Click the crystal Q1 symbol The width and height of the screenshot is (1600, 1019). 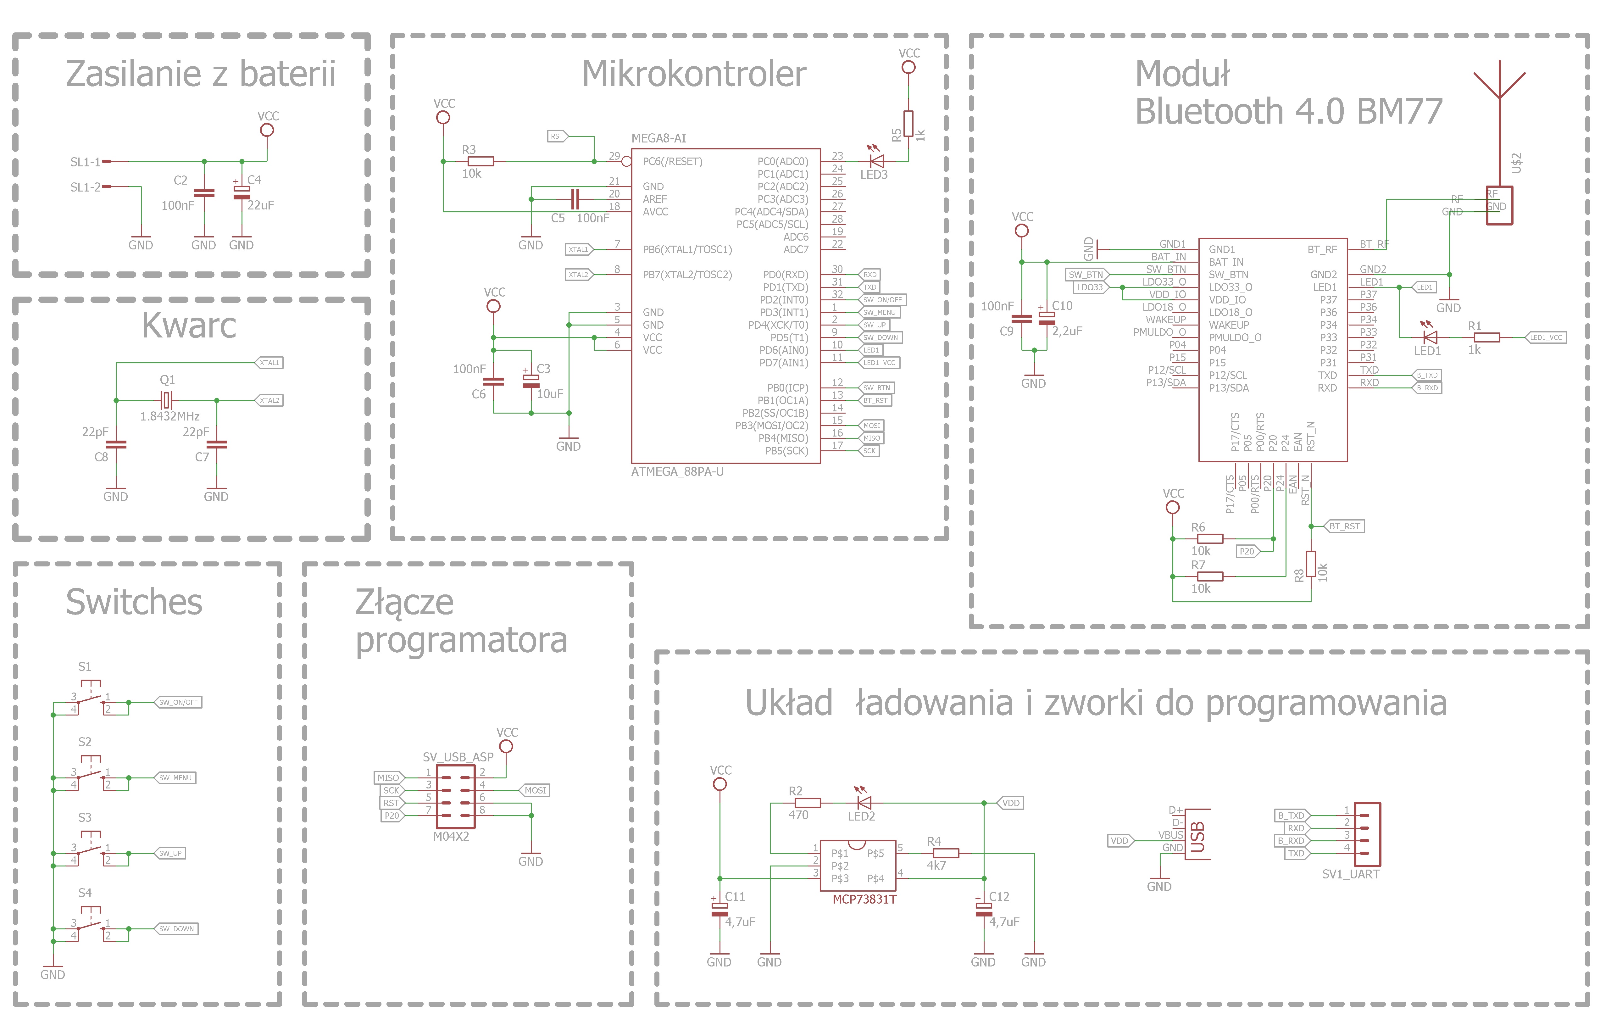166,400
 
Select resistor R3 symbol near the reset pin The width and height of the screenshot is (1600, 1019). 481,161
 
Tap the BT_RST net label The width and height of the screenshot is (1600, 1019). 1345,526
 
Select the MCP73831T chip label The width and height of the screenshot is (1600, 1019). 864,899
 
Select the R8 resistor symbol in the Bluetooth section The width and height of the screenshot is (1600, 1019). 1310,564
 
